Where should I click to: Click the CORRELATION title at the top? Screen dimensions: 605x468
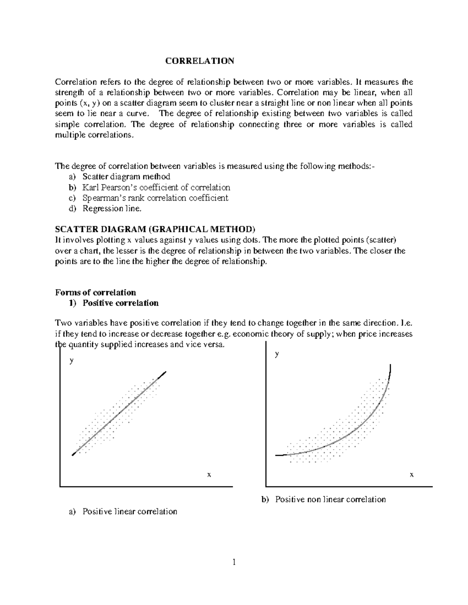point(200,61)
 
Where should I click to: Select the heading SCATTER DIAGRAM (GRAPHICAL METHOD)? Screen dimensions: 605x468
point(155,229)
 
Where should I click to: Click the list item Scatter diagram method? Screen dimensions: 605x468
point(126,176)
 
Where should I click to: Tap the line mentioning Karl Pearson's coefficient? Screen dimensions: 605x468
point(156,187)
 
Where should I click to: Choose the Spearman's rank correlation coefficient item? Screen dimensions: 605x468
point(155,198)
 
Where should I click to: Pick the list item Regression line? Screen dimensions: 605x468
point(111,208)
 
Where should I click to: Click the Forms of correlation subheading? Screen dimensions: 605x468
point(96,293)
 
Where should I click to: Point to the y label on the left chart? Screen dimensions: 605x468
point(71,360)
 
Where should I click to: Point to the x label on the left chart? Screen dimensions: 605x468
point(209,474)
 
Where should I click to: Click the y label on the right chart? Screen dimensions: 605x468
point(277,354)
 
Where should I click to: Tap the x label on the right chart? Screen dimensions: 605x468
point(411,474)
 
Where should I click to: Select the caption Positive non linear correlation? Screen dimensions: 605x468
point(330,499)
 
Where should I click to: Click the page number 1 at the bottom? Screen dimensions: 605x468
point(234,562)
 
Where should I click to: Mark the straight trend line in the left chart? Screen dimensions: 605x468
point(119,413)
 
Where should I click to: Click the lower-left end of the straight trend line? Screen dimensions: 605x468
point(73,454)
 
